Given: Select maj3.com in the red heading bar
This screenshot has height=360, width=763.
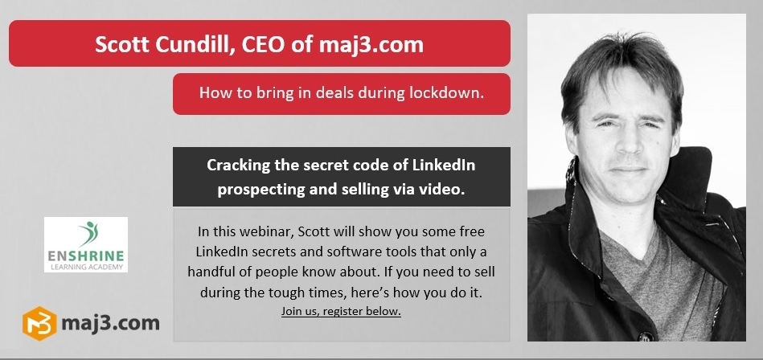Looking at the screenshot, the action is (371, 45).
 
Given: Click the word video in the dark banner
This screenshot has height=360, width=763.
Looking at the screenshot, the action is (442, 190).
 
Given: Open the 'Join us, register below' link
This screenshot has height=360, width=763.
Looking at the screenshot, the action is (341, 312).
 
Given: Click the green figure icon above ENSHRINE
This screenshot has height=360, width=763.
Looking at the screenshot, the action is (88, 234).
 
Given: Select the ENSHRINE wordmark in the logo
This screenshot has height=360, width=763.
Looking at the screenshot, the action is (86, 256).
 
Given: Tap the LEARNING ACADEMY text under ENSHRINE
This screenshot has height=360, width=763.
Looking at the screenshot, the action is (86, 267).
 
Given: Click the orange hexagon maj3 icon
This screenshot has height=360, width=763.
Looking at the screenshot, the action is (39, 324).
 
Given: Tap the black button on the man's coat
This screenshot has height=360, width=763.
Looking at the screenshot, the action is (646, 336).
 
